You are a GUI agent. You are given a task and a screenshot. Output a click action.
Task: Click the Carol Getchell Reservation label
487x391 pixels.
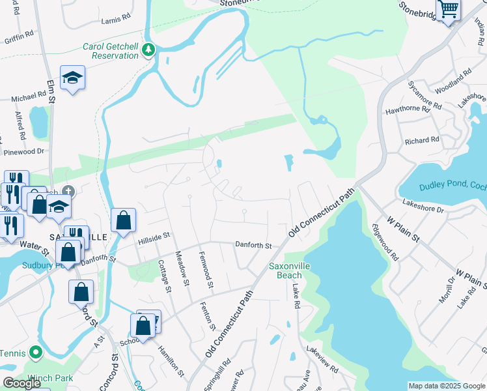(110, 51)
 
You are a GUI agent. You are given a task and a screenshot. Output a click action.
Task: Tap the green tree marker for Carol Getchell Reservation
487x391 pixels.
(149, 50)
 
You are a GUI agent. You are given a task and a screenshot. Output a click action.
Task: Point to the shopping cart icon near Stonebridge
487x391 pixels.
(449, 9)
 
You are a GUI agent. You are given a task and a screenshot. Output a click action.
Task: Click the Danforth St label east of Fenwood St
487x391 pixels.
(253, 245)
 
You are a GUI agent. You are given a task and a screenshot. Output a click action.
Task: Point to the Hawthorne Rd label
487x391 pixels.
(408, 111)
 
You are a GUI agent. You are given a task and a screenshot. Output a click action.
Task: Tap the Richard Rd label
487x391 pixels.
(422, 140)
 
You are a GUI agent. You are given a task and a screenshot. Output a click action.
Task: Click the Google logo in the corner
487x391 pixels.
(21, 383)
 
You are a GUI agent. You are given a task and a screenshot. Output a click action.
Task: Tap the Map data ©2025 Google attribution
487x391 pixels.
(446, 386)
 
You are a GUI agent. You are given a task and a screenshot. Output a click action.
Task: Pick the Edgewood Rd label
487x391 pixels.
(385, 242)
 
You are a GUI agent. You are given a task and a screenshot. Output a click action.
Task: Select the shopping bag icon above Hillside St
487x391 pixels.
(123, 220)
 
